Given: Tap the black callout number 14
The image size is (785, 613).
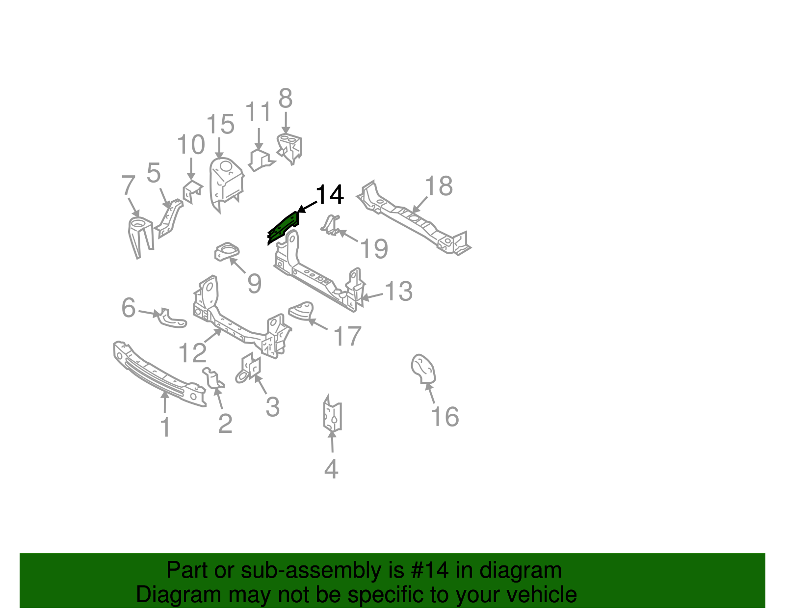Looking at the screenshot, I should point(330,195).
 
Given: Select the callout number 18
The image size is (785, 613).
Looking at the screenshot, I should point(438,187).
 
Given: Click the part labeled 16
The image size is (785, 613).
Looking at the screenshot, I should point(423,369).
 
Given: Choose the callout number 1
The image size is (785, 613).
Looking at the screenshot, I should point(166,427).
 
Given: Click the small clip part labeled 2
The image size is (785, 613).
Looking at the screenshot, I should point(214,378).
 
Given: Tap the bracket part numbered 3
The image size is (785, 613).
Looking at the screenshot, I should point(251,367).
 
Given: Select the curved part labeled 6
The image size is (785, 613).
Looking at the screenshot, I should point(172,318).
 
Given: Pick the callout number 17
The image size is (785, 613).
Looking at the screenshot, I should point(347,337).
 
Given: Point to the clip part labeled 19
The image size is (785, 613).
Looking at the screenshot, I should point(331,225).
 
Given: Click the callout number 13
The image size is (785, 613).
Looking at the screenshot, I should point(398,292).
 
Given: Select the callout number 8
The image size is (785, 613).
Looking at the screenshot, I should point(286,99).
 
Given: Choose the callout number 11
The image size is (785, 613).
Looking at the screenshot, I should point(258,112).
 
